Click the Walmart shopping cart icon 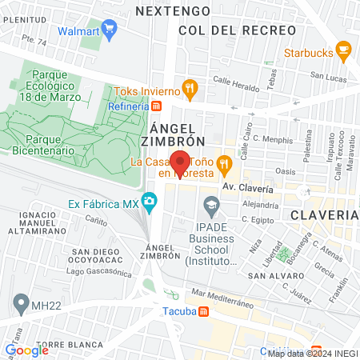110,30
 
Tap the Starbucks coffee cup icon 344,52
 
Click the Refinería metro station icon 157,105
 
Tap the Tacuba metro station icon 204,312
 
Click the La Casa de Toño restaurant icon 225,166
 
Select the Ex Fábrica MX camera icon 150,201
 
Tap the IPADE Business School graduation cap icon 210,208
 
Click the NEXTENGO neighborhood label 173,11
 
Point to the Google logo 26,350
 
